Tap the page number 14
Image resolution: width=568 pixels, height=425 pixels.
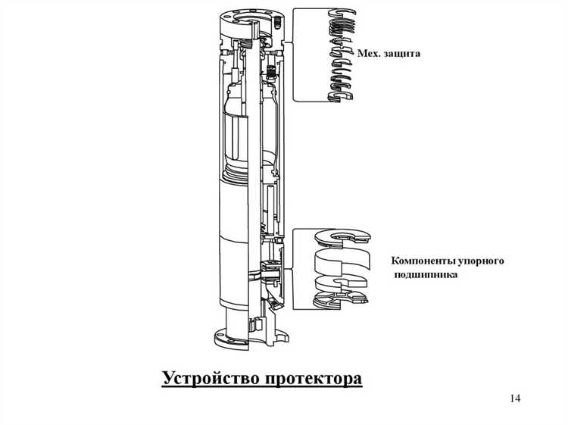click(x=516, y=398)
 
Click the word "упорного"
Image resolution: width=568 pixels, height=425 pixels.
click(x=485, y=261)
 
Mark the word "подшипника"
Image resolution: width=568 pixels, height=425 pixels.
click(x=425, y=275)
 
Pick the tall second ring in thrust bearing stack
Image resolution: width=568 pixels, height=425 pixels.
click(x=343, y=264)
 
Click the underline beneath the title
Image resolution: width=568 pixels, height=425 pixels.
click(x=262, y=386)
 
